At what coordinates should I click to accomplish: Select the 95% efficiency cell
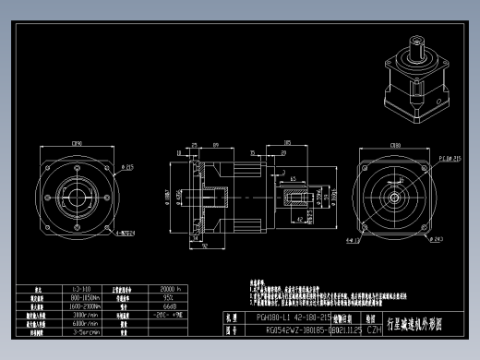170,298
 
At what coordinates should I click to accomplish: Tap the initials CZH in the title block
375,328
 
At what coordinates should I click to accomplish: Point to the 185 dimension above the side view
288,144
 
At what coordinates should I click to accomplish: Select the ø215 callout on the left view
126,167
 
